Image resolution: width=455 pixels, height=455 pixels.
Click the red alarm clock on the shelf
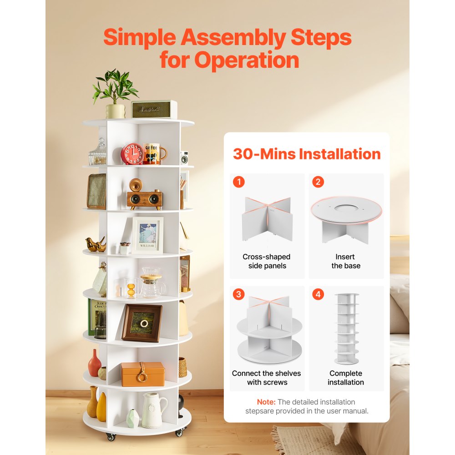click(132, 154)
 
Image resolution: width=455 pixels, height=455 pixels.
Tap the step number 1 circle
click(238, 182)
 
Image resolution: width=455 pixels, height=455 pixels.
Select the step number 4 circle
click(318, 294)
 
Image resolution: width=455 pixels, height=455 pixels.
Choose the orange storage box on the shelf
click(142, 374)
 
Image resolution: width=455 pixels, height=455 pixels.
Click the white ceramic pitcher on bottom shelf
click(153, 410)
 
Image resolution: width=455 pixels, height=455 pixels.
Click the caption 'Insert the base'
click(346, 261)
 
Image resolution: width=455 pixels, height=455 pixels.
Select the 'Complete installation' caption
click(346, 378)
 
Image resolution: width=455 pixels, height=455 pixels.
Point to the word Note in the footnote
click(266, 402)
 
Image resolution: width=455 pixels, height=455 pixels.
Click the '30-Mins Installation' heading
click(307, 154)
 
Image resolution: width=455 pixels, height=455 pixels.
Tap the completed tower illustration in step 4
click(346, 328)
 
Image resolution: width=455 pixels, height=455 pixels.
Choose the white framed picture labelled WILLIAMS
click(147, 235)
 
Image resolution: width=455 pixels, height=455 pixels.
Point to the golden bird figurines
click(96, 245)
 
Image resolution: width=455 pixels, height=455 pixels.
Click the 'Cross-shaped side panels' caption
click(267, 261)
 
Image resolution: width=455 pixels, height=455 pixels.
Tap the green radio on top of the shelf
click(154, 109)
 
